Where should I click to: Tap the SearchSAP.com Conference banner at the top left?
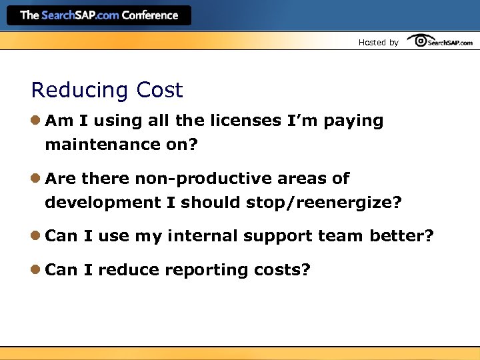click(x=99, y=15)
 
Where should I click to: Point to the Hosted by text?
click(x=378, y=43)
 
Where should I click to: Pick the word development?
click(x=103, y=203)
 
